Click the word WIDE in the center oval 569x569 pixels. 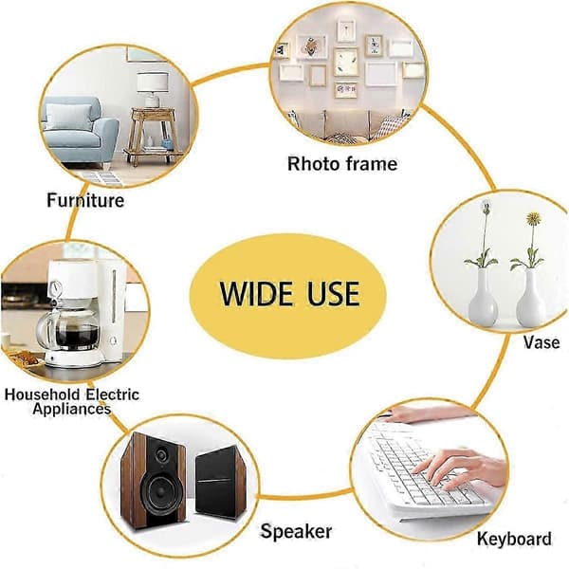[x=256, y=293]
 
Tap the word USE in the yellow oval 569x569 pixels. [x=334, y=293]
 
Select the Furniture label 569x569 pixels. [x=85, y=200]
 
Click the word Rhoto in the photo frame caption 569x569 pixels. [x=313, y=164]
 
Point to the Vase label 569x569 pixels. [x=541, y=342]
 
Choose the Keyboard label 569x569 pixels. [x=514, y=538]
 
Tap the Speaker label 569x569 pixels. [x=296, y=532]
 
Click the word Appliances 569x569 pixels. [x=71, y=409]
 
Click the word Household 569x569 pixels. [x=42, y=395]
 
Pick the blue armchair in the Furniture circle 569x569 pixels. [x=80, y=131]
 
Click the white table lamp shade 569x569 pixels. [x=153, y=82]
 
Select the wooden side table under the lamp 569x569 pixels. [x=154, y=135]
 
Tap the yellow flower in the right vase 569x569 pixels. [x=534, y=218]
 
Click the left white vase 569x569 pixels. [x=483, y=299]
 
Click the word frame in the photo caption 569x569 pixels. [x=371, y=164]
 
